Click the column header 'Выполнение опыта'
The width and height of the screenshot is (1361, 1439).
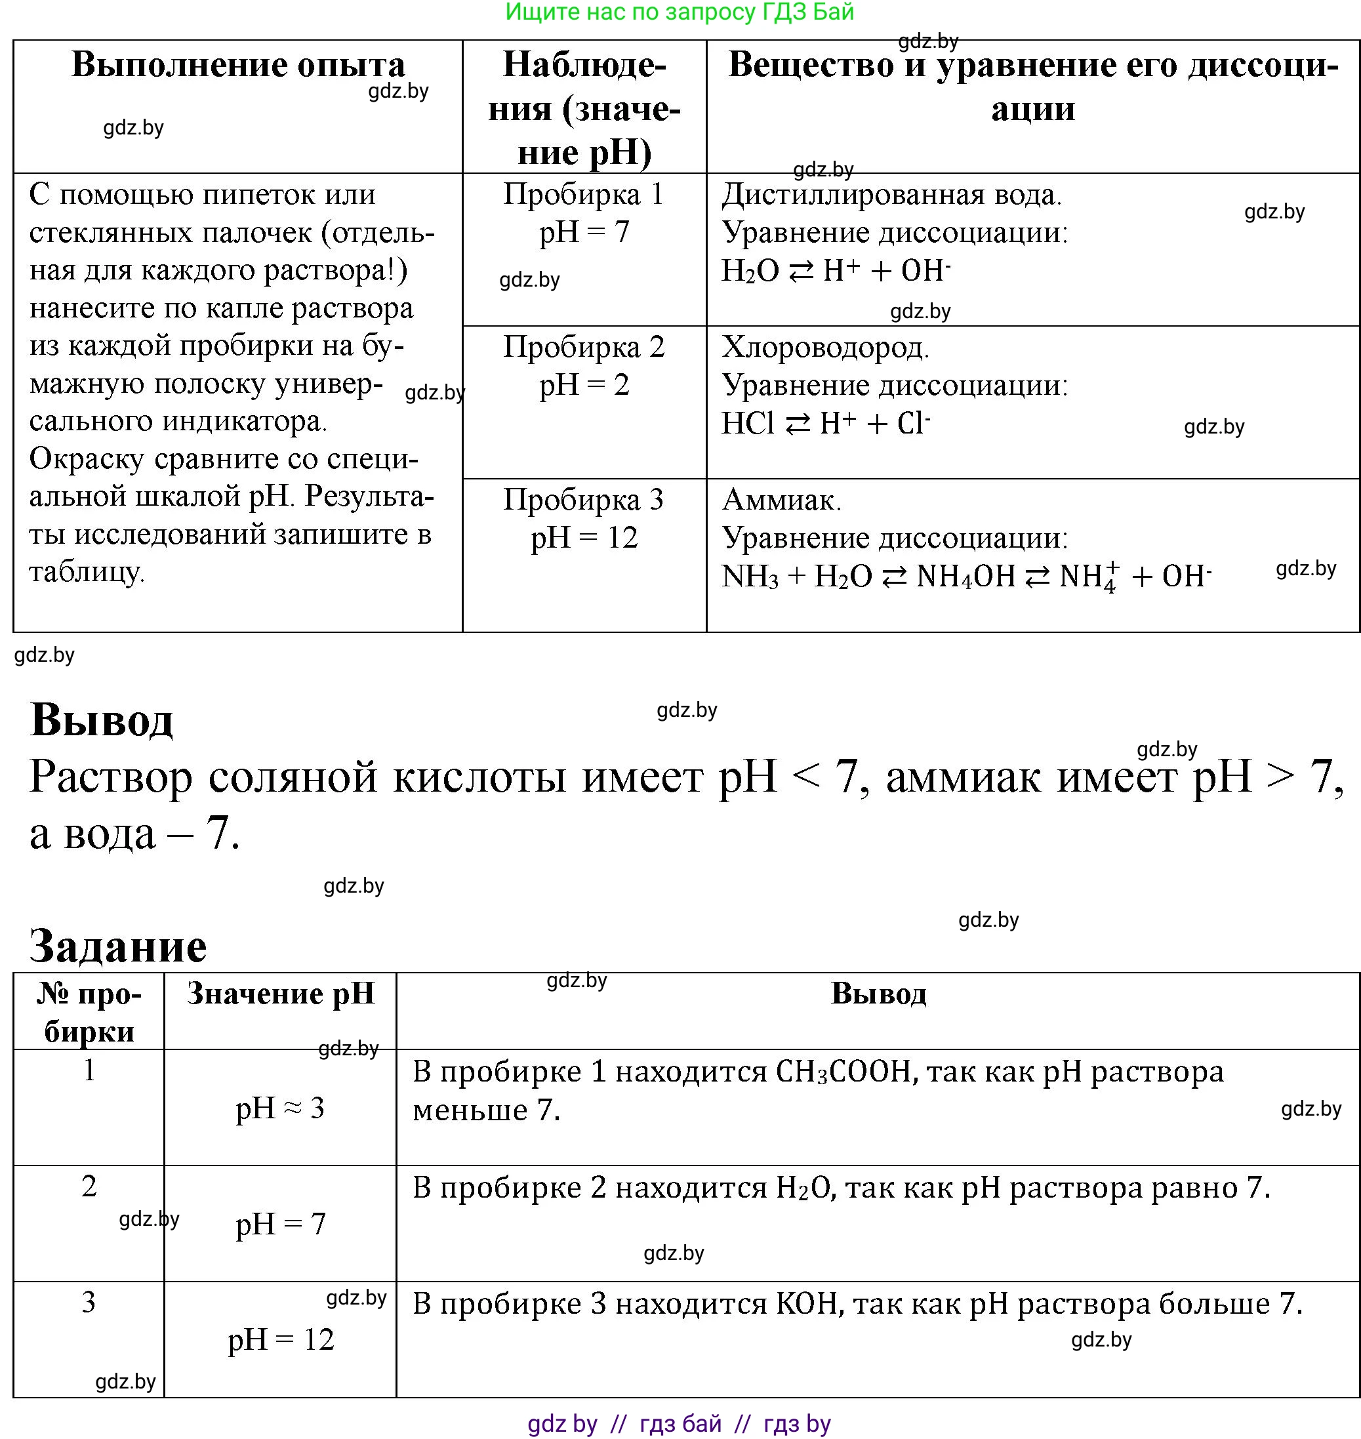pyautogui.click(x=238, y=66)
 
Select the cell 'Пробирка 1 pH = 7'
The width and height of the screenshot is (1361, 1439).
pyautogui.click(x=584, y=213)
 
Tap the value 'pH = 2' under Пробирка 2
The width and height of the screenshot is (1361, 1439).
pyautogui.click(x=584, y=385)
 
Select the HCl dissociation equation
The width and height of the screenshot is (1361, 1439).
pyautogui.click(x=826, y=424)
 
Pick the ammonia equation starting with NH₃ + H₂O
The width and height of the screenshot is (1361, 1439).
pyautogui.click(x=965, y=577)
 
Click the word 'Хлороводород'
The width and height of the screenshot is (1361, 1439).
pyautogui.click(x=825, y=348)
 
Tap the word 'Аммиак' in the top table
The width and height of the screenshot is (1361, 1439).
pyautogui.click(x=781, y=500)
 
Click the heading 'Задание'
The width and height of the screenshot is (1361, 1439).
pyautogui.click(x=118, y=946)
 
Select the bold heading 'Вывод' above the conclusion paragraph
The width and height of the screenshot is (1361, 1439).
pyautogui.click(x=102, y=720)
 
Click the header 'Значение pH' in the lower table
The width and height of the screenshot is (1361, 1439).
pyautogui.click(x=281, y=994)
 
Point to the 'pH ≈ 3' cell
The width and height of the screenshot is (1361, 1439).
pyautogui.click(x=281, y=1108)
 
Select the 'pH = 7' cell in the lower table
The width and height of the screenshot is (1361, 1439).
pyautogui.click(x=281, y=1225)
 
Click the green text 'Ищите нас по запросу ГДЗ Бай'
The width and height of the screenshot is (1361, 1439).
pyautogui.click(x=680, y=12)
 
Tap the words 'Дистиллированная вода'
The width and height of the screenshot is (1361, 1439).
pyautogui.click(x=891, y=194)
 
